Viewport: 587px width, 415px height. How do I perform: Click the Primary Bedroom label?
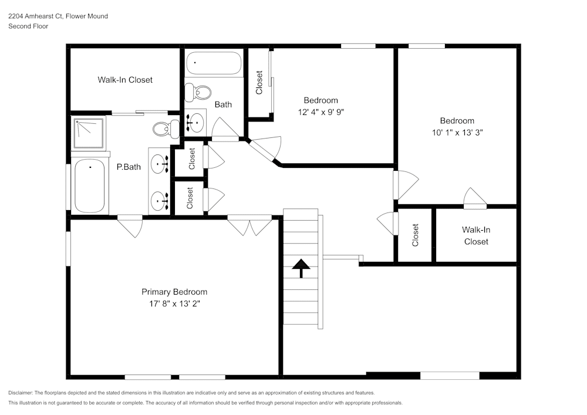[174, 292]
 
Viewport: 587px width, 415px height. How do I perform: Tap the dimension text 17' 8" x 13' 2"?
[174, 304]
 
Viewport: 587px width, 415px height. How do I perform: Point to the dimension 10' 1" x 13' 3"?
[457, 133]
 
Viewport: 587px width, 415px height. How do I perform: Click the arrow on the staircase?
[301, 268]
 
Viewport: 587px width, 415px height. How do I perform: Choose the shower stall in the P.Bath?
[89, 133]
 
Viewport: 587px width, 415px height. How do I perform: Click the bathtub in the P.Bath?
[90, 185]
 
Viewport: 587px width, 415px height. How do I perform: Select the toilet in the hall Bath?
[200, 92]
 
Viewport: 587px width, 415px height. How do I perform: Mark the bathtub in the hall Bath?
[214, 64]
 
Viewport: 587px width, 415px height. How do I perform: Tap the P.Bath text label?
[129, 167]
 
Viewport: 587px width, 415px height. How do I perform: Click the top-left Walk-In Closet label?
[125, 80]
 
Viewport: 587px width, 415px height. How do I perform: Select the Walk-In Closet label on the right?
[475, 235]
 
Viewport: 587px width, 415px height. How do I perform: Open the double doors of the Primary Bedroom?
[249, 225]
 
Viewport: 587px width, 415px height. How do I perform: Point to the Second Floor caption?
[28, 26]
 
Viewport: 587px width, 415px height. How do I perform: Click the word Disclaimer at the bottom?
[21, 393]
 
